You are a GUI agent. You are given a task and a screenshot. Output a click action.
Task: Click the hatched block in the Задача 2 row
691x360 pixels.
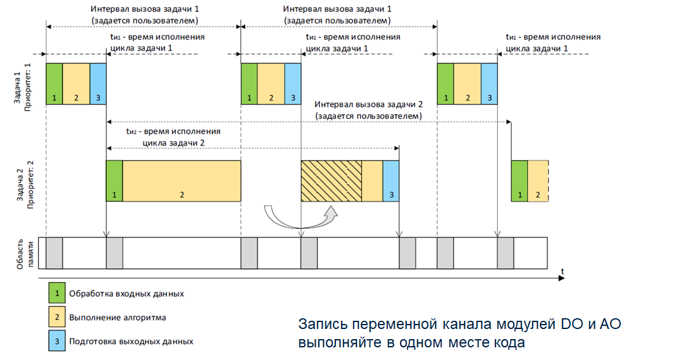tap(331, 181)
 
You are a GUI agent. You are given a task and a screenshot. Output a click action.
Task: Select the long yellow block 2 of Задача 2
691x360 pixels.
tap(182, 181)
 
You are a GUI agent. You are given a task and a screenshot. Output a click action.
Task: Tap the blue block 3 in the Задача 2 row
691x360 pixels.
tap(391, 181)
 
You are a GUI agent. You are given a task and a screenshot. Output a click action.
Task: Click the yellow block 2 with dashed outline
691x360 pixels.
tap(538, 181)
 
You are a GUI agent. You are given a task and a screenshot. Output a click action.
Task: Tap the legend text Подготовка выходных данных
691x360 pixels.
tap(131, 341)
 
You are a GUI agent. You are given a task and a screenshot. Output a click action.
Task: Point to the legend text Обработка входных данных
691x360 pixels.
tap(127, 294)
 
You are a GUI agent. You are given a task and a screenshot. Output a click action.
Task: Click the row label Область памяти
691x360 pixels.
tap(22, 252)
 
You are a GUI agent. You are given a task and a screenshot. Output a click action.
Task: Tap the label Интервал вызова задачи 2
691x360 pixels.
tap(367, 104)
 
